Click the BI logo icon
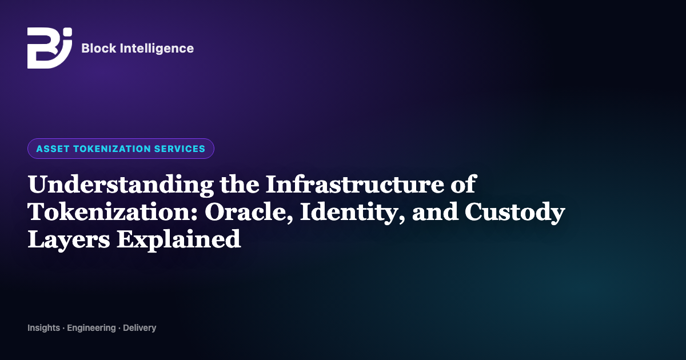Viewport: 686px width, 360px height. (x=50, y=48)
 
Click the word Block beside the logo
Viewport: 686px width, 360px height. (x=99, y=49)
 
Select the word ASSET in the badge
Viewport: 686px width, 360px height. (x=53, y=149)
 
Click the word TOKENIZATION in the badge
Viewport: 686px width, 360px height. (x=112, y=149)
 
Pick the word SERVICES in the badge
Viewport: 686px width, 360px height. (x=180, y=149)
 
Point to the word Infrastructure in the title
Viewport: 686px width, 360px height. (x=354, y=184)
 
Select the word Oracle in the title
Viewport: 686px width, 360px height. (x=249, y=212)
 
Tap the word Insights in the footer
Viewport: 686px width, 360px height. (x=44, y=328)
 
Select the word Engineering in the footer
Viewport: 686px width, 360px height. (x=91, y=328)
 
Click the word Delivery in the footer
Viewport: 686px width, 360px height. (x=139, y=328)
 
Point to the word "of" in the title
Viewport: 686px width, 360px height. (x=464, y=184)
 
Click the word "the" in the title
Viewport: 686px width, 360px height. (x=240, y=184)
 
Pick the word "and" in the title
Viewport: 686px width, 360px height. (x=435, y=211)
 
